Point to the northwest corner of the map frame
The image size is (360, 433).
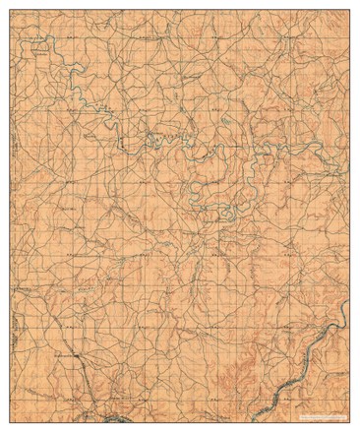pyautogui.click(x=13, y=13)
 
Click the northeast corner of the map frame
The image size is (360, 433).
pyautogui.click(x=348, y=13)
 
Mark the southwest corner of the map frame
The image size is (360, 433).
pyautogui.click(x=13, y=410)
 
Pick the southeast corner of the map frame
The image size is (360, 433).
pyautogui.click(x=348, y=410)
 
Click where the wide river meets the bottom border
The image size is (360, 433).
pyautogui.click(x=278, y=409)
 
